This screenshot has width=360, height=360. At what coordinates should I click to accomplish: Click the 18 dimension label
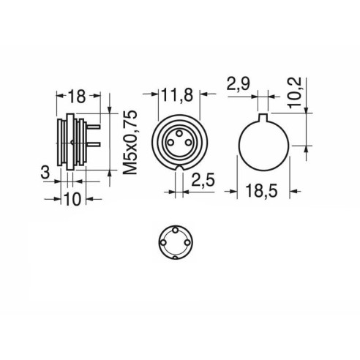pos(77,97)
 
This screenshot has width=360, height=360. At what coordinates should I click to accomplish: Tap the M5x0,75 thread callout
pos(130,143)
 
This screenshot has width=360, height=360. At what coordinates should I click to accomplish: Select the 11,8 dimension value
pos(177,94)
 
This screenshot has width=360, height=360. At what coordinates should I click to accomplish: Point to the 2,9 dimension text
pos(238,84)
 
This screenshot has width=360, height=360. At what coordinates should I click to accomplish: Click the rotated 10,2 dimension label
pos(294,93)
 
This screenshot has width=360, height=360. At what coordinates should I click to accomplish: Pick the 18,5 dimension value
pos(261,191)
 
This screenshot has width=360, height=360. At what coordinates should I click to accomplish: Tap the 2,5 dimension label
pos(203,180)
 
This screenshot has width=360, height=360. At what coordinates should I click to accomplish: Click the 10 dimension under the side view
pos(73,199)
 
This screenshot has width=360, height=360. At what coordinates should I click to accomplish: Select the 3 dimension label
pos(45,173)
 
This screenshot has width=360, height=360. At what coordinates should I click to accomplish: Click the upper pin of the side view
pos(94,127)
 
